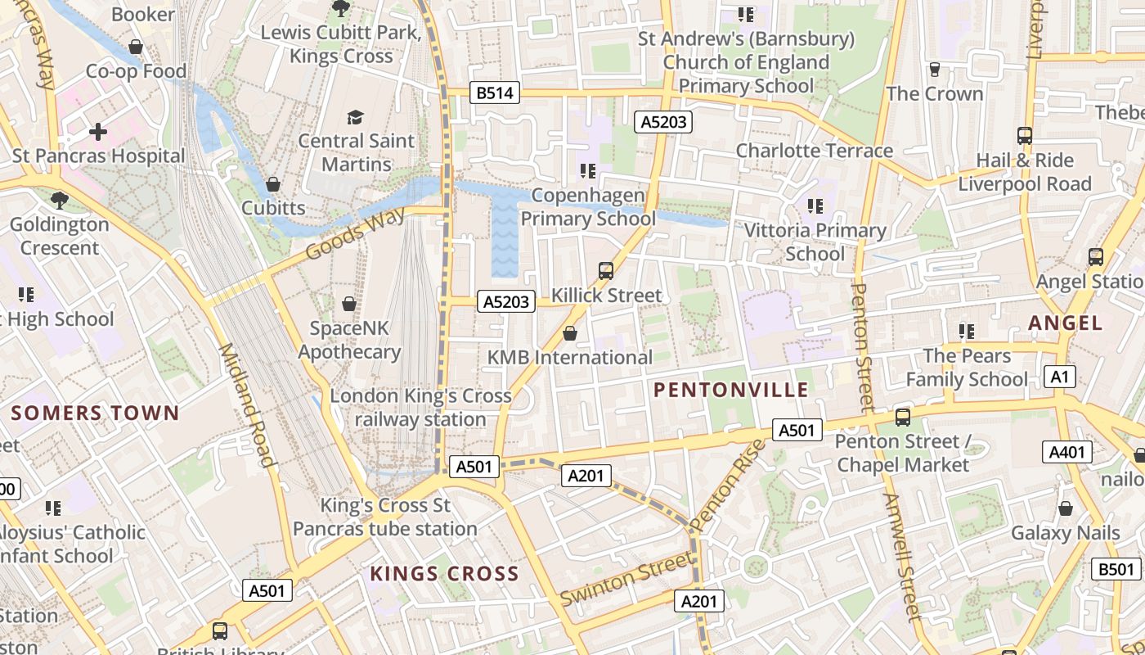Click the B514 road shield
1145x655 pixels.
[495, 93]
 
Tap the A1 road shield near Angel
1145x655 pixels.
[1060, 377]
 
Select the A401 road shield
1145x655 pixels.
[1066, 452]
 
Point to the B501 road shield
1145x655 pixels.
[1116, 569]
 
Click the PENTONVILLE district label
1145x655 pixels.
[731, 390]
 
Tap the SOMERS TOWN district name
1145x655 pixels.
[95, 413]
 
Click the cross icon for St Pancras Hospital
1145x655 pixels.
[98, 131]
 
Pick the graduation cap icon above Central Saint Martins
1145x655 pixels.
[355, 117]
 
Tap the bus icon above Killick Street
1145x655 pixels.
[606, 270]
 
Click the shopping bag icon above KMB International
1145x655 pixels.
[570, 333]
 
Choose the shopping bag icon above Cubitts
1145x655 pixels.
[273, 183]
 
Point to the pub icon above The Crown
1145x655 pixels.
[934, 69]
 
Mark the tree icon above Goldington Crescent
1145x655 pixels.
[59, 199]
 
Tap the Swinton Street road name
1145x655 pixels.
[627, 580]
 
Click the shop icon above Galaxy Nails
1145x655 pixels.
[1065, 508]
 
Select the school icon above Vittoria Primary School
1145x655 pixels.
[815, 206]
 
